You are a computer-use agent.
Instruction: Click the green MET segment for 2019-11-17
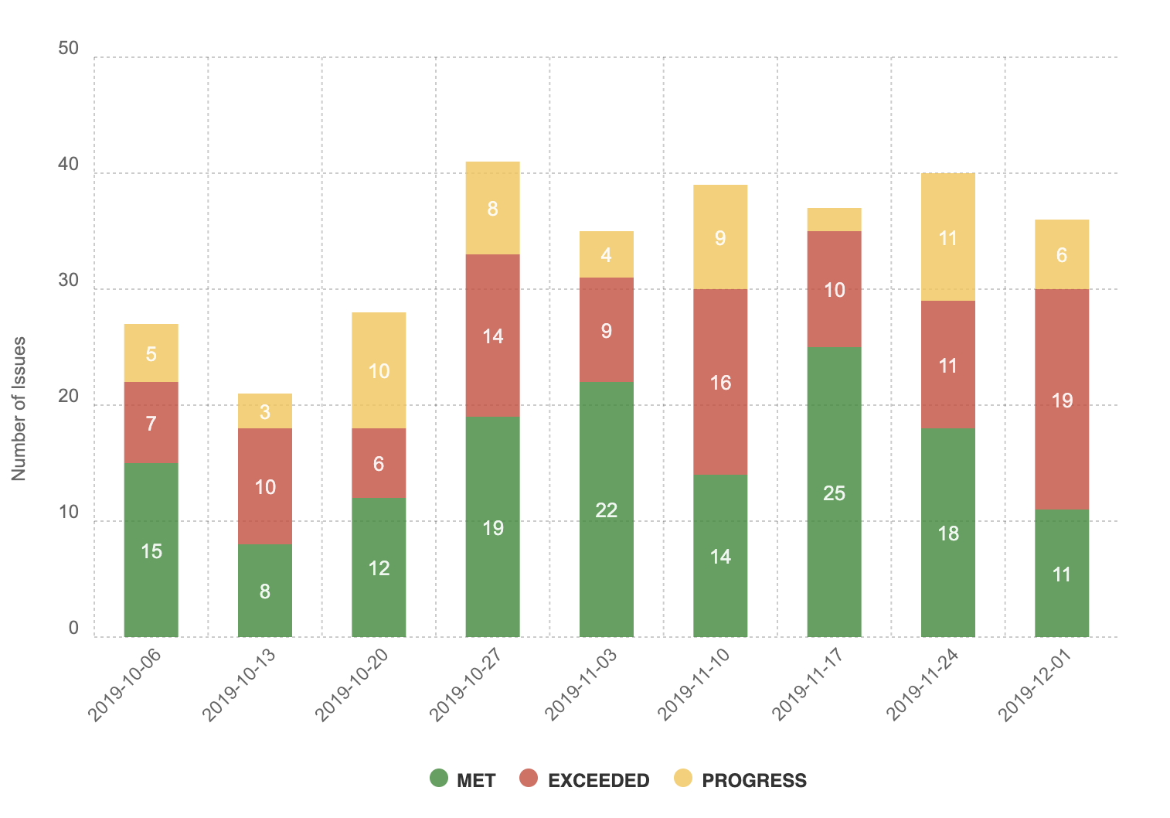[x=834, y=492]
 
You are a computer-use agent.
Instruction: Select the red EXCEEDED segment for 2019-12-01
[x=1061, y=399]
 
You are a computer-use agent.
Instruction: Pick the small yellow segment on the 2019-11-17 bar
[x=834, y=220]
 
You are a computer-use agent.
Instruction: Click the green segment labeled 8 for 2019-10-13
[x=265, y=590]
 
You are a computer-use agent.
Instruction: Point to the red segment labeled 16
[x=720, y=381]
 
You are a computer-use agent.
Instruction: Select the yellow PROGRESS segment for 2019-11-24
[x=947, y=237]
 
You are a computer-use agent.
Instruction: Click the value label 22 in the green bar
[x=607, y=510]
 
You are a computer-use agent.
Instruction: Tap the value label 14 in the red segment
[x=493, y=336]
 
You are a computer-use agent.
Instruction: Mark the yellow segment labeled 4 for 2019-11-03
[x=607, y=254]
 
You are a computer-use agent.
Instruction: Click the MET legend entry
[x=463, y=779]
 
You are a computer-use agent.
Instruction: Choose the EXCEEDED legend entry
[x=585, y=779]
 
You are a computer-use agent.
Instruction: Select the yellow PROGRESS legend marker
[x=682, y=778]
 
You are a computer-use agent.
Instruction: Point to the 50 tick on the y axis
[x=69, y=49]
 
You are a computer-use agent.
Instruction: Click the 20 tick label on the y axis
[x=69, y=397]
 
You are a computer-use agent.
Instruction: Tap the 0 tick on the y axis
[x=73, y=629]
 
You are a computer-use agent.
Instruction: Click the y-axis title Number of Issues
[x=19, y=408]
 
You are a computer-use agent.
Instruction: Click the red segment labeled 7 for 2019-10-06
[x=151, y=422]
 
